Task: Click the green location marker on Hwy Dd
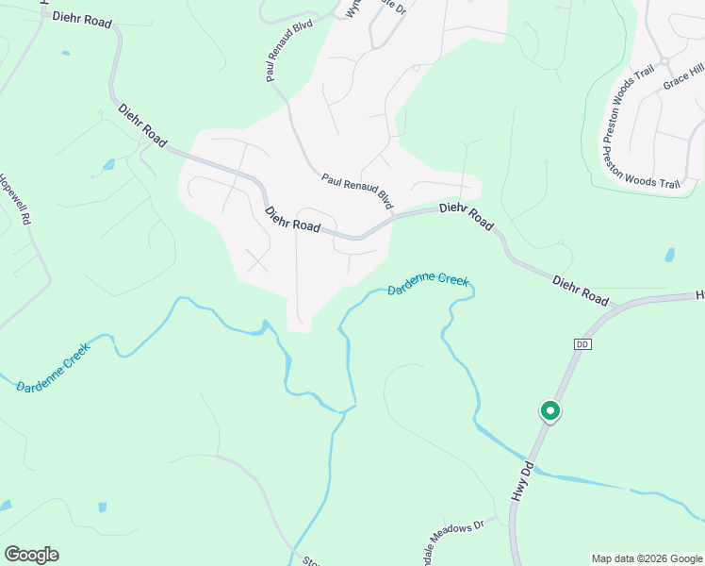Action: (549, 411)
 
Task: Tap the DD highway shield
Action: (581, 345)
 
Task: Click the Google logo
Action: (31, 555)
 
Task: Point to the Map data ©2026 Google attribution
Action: (647, 558)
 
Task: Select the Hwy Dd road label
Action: (522, 480)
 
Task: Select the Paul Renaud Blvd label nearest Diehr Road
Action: (357, 191)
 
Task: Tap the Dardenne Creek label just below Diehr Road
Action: (428, 285)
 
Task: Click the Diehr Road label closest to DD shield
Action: (581, 290)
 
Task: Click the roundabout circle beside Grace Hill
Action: (664, 61)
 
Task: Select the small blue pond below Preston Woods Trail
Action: (669, 255)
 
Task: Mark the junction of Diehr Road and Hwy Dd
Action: (614, 308)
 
